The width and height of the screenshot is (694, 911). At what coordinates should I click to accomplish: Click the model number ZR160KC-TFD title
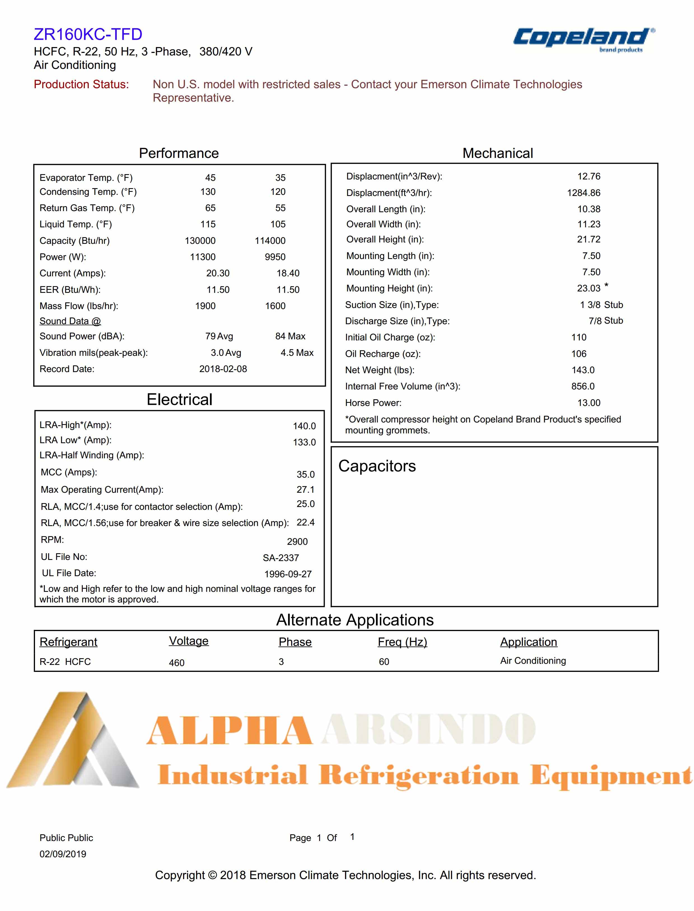[x=88, y=34]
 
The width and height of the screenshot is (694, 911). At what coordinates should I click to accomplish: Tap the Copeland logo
[x=583, y=39]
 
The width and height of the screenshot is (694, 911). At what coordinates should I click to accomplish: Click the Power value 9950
[x=275, y=257]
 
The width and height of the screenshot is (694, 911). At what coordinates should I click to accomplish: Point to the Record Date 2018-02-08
[x=223, y=369]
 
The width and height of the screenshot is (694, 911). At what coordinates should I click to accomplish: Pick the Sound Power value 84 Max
[x=290, y=336]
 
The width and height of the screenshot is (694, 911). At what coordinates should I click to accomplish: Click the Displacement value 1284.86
[x=583, y=193]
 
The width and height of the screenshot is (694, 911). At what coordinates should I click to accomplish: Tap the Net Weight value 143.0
[x=583, y=370]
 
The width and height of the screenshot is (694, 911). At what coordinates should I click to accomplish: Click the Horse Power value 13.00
[x=589, y=403]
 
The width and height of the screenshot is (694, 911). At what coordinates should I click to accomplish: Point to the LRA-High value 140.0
[x=304, y=426]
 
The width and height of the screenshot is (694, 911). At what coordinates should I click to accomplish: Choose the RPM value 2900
[x=297, y=542]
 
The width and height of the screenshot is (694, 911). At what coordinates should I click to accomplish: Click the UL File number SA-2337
[x=281, y=558]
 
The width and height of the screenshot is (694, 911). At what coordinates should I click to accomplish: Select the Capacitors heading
[x=377, y=466]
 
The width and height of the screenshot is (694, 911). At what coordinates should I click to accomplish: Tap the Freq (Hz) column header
[x=402, y=642]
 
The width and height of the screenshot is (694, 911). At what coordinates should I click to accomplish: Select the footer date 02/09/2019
[x=63, y=854]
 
